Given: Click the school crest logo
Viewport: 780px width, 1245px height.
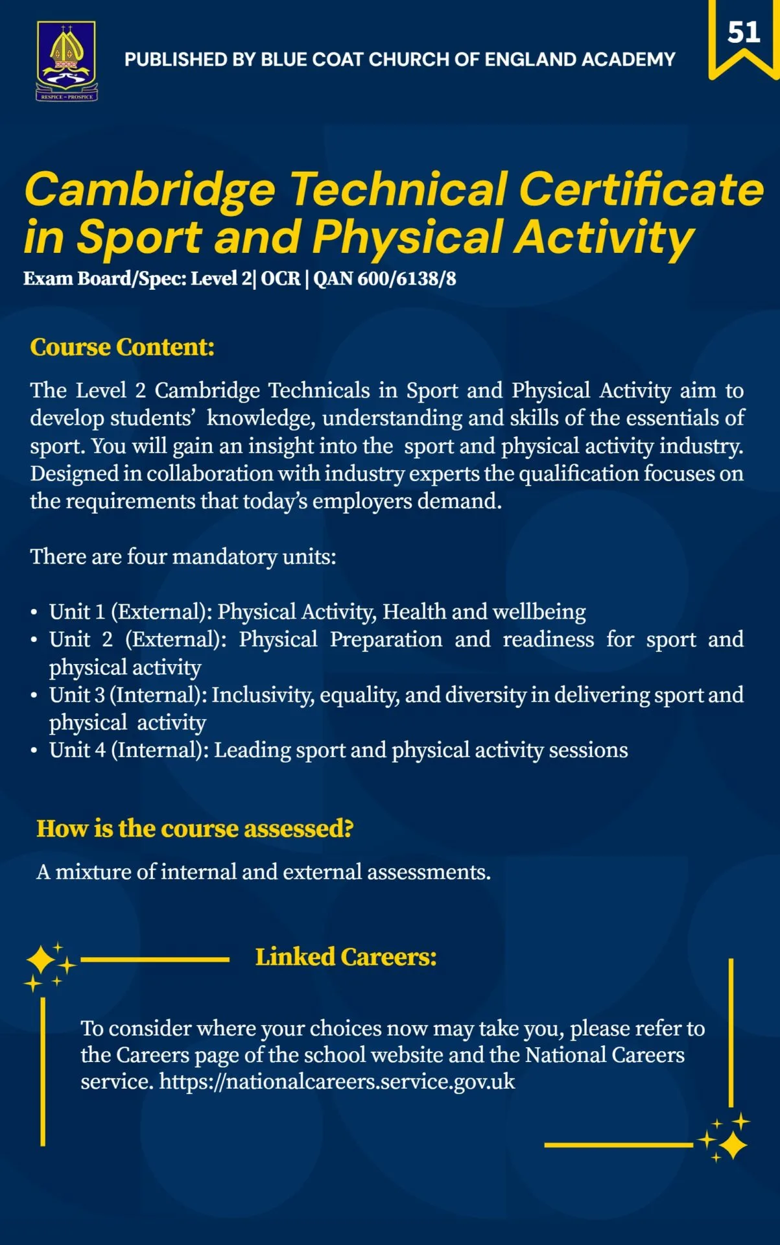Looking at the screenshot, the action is pyautogui.click(x=67, y=61).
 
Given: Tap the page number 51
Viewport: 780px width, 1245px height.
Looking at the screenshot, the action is pyautogui.click(x=744, y=32).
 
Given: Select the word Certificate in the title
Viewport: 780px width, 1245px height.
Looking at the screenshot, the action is pyautogui.click(x=641, y=189).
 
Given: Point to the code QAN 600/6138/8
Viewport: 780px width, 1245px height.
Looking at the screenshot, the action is pyautogui.click(x=384, y=279).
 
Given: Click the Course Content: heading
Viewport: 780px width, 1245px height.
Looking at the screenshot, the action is pyautogui.click(x=122, y=347).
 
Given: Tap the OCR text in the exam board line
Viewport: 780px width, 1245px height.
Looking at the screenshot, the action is pyautogui.click(x=281, y=279).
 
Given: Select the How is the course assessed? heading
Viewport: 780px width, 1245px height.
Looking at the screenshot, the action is pyautogui.click(x=195, y=829).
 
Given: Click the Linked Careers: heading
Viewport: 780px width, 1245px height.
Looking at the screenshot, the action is pyautogui.click(x=346, y=957).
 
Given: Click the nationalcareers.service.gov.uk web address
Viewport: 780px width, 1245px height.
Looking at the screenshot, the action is pyautogui.click(x=337, y=1082).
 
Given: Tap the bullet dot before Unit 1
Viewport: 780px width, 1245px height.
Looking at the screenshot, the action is pyautogui.click(x=34, y=613).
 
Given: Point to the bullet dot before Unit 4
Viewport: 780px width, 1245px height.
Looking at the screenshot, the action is pyautogui.click(x=34, y=751).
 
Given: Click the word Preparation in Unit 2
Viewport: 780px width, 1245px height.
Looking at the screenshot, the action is pyautogui.click(x=386, y=640).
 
